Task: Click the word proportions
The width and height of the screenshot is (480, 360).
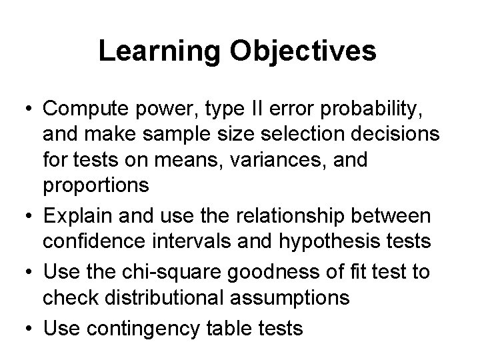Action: [96, 185]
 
